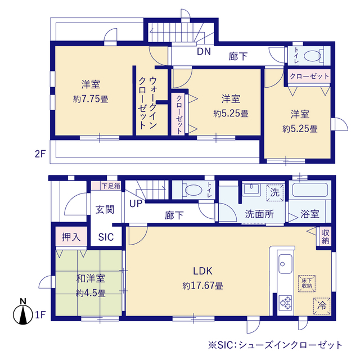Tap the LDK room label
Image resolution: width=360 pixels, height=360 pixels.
click(202, 271)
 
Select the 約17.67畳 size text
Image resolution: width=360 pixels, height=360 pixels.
click(202, 286)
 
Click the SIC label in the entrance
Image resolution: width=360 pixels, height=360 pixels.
click(106, 237)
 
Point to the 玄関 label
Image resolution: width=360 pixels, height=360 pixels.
click(105, 210)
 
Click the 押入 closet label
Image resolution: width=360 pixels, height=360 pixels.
click(71, 237)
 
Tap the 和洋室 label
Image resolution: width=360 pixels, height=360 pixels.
click(91, 278)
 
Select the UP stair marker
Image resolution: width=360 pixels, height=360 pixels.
click(136, 204)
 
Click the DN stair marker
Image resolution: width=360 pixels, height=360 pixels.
click(204, 51)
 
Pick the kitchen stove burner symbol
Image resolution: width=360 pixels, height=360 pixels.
click(285, 303)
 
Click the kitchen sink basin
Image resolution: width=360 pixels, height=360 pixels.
click(285, 264)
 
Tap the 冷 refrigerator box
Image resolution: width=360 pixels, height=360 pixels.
click(322, 306)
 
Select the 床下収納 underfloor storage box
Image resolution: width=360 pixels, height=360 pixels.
click(307, 283)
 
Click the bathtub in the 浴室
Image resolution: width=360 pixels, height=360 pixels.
click(310, 190)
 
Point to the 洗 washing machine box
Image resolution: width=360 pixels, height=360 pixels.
click(275, 192)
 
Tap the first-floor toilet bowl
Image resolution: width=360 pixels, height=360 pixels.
click(193, 190)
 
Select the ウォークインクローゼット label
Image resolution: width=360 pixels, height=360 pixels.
click(147, 103)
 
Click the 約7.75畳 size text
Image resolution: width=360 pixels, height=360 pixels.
click(91, 99)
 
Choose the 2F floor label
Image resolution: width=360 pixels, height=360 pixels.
click(40, 154)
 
